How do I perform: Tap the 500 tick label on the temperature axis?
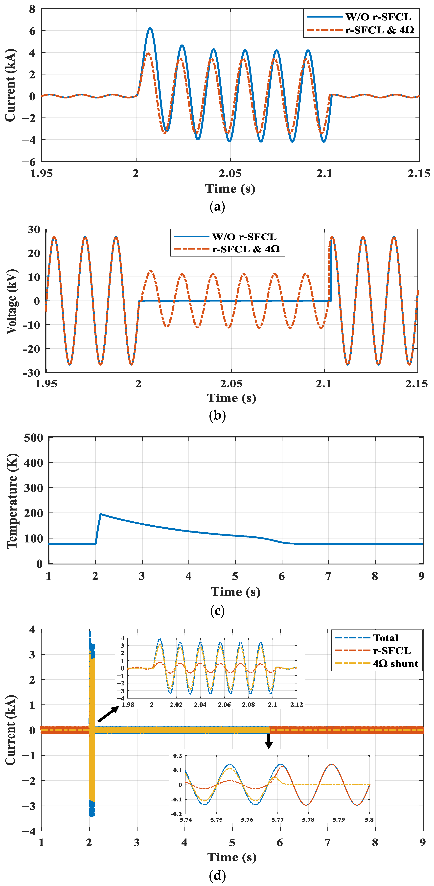pyautogui.click(x=33, y=438)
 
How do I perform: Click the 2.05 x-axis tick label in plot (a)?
pyautogui.click(x=230, y=173)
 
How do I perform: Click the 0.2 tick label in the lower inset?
pyautogui.click(x=177, y=756)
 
